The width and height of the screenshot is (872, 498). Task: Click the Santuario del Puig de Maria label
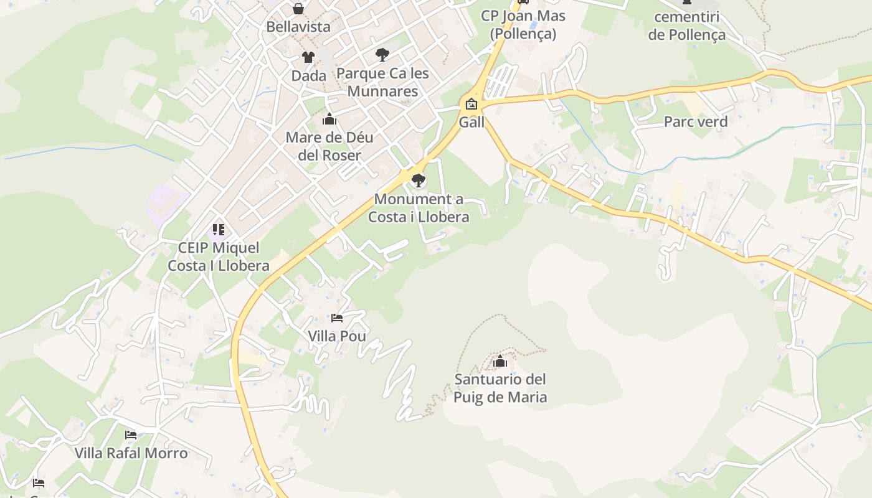click(x=500, y=388)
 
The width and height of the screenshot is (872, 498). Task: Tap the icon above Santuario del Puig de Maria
click(x=500, y=361)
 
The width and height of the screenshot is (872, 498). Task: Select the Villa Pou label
click(x=337, y=336)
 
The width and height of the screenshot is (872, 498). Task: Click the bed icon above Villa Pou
click(x=337, y=318)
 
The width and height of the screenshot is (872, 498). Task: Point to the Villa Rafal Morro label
click(x=131, y=453)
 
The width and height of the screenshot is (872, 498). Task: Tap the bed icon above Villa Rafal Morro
click(x=131, y=435)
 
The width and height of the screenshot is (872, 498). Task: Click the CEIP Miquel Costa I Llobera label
click(x=219, y=256)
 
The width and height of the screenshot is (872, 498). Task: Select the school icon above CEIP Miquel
click(x=218, y=230)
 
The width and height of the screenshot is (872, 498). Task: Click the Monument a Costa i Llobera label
click(x=419, y=208)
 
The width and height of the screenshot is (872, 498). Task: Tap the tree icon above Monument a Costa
click(x=419, y=181)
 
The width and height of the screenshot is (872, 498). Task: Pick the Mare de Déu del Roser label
click(x=329, y=146)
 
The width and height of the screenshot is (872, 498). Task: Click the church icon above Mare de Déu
click(x=329, y=119)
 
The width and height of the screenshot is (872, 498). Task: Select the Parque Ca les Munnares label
click(x=382, y=82)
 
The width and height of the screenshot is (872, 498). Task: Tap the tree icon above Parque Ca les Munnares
click(x=382, y=55)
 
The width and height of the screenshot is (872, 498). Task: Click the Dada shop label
click(x=309, y=76)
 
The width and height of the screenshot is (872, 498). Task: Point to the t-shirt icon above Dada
click(x=308, y=57)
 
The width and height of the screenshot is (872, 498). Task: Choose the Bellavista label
click(x=298, y=27)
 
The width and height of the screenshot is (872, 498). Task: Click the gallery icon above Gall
click(x=472, y=103)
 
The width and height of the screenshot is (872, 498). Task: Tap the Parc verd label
click(x=696, y=121)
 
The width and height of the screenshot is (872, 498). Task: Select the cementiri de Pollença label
click(x=687, y=26)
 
